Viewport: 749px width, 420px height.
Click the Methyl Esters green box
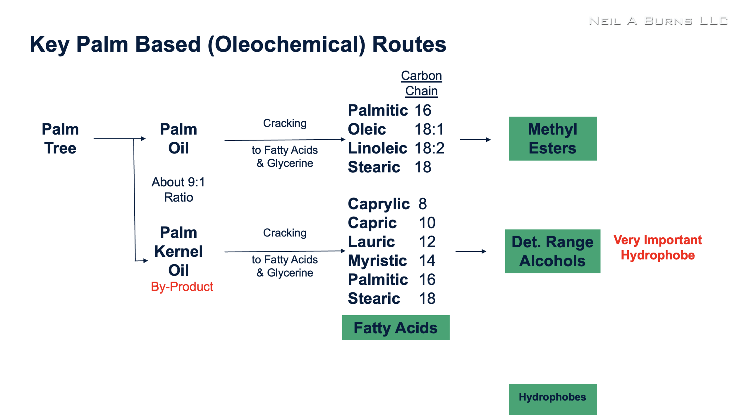[552, 138]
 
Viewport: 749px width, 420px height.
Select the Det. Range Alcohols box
[552, 251]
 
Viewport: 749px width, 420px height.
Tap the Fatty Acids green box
[396, 328]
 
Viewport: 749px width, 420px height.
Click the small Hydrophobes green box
[552, 399]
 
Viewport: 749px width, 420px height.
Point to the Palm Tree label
[60, 138]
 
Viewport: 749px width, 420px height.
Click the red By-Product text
[182, 287]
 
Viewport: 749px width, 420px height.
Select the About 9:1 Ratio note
[178, 190]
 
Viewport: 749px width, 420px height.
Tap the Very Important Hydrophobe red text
[657, 247]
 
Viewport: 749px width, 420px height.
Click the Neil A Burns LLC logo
[658, 21]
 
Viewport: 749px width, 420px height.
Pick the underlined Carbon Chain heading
[421, 83]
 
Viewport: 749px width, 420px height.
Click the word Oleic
[367, 129]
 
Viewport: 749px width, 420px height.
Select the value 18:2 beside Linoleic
[429, 148]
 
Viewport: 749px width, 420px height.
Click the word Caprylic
[379, 204]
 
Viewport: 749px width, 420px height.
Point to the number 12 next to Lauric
[427, 241]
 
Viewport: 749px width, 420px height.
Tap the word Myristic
[377, 261]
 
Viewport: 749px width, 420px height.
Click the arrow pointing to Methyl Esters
[475, 140]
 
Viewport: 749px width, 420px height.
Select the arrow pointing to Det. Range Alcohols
[471, 251]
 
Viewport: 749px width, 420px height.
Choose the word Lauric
[371, 241]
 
